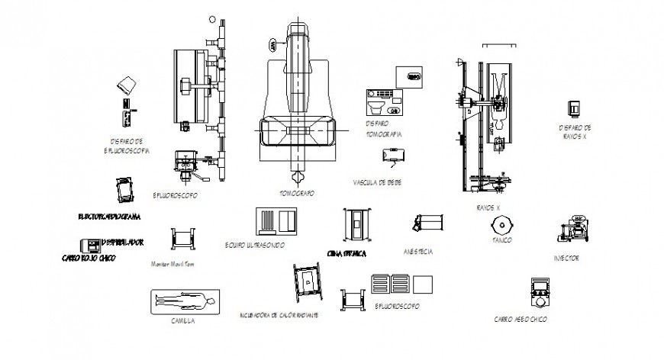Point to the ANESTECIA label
(418, 252)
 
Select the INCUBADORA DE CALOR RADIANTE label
(279, 314)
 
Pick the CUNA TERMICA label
(347, 252)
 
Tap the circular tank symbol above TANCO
(501, 225)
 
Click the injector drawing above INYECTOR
(571, 229)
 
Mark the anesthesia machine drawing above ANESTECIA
(427, 223)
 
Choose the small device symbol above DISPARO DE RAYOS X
(572, 108)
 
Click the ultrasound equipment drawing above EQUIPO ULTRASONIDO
(276, 220)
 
